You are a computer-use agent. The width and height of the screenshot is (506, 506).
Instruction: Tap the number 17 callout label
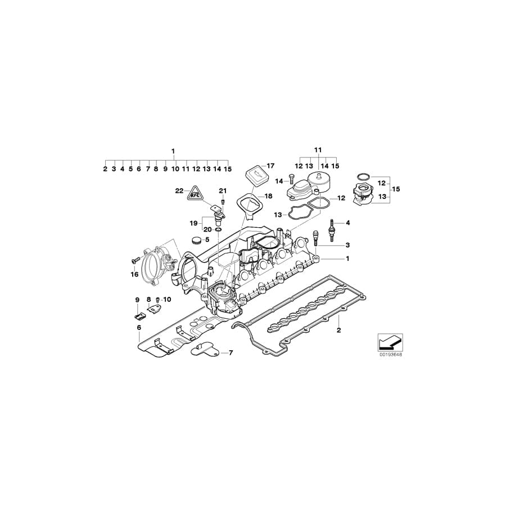pyautogui.click(x=270, y=166)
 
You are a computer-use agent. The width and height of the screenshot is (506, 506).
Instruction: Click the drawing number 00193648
pyautogui.click(x=390, y=355)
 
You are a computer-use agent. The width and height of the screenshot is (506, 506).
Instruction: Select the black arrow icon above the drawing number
pyautogui.click(x=390, y=341)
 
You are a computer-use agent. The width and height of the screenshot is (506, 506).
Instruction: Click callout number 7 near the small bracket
pyautogui.click(x=229, y=353)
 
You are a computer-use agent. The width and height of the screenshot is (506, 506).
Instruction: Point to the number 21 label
pyautogui.click(x=222, y=190)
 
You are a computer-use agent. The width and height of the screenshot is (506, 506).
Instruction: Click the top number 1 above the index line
pyautogui.click(x=173, y=151)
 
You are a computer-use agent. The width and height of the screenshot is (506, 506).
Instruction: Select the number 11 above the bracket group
pyautogui.click(x=318, y=150)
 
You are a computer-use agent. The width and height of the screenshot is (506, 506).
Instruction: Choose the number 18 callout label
pyautogui.click(x=268, y=196)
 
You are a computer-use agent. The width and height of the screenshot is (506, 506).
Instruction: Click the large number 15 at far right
pyautogui.click(x=396, y=189)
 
